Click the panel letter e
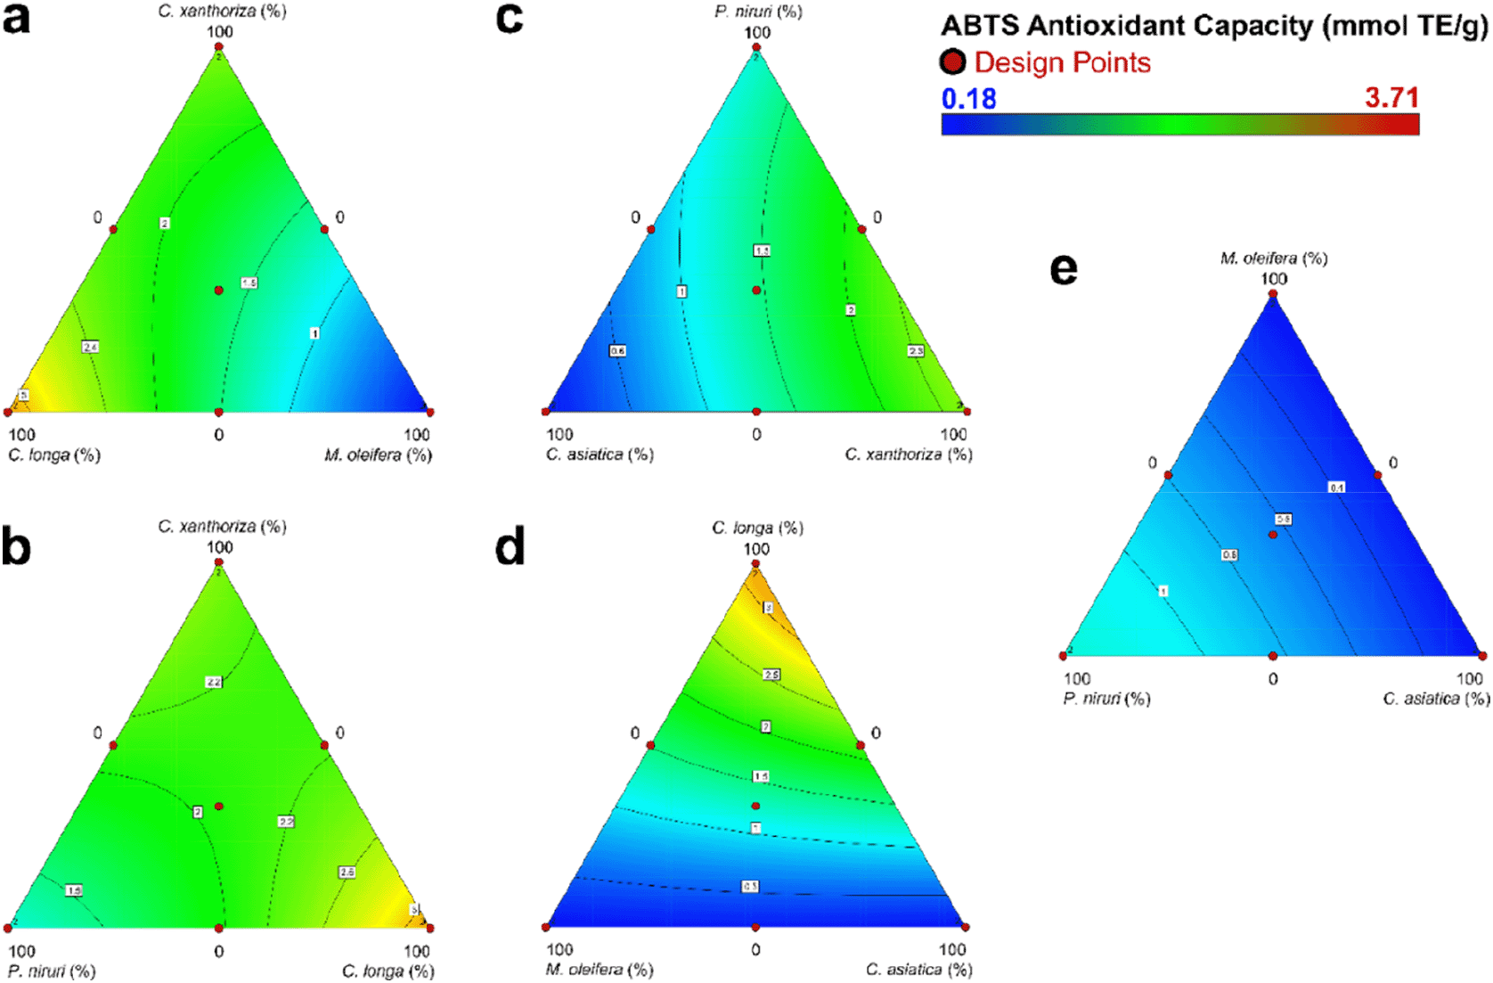click(1064, 269)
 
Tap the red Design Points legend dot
click(952, 62)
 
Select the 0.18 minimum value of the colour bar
click(968, 98)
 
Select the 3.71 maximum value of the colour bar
click(1391, 97)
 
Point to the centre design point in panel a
click(219, 291)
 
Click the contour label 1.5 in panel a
click(249, 283)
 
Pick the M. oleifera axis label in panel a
click(378, 455)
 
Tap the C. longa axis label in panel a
click(54, 455)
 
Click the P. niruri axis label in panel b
click(52, 971)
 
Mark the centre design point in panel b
click(219, 807)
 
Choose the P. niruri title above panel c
click(758, 12)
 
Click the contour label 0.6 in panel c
click(617, 351)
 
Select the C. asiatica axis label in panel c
click(600, 455)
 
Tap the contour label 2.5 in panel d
click(771, 675)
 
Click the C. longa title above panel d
click(757, 528)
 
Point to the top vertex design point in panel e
click(1273, 294)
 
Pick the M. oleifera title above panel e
click(1274, 258)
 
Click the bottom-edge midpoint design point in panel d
click(755, 927)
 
